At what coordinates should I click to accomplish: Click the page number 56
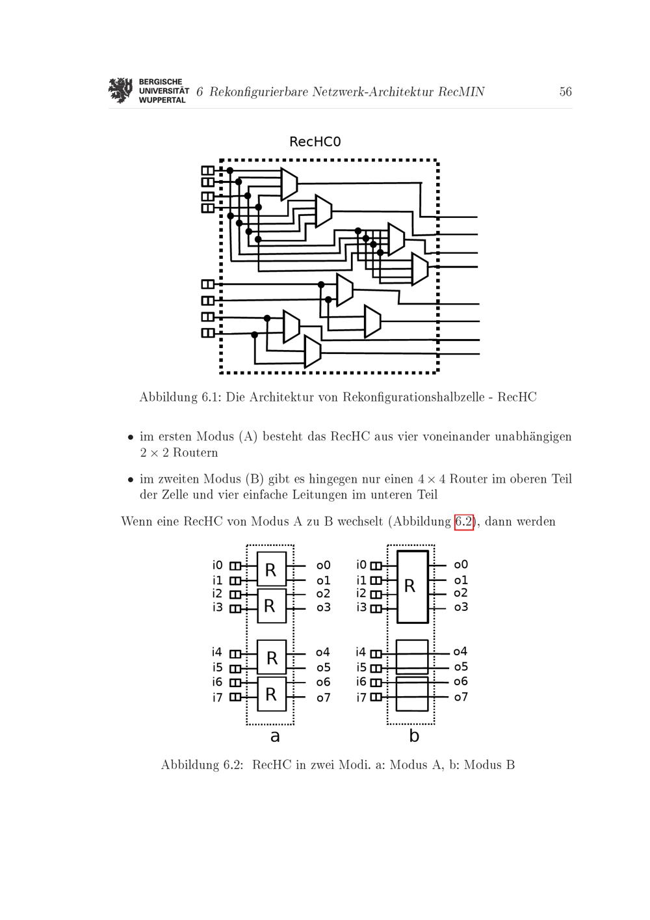[x=565, y=91]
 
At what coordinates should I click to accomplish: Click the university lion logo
[x=120, y=90]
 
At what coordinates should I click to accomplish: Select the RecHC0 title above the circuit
[x=315, y=142]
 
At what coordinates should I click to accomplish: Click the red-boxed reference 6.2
[x=463, y=522]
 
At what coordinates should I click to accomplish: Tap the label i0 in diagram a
[x=217, y=565]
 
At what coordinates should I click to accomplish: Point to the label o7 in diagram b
[x=460, y=697]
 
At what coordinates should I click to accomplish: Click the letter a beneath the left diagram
[x=274, y=736]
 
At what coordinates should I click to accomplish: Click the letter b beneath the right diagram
[x=414, y=735]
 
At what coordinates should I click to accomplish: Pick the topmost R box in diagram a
[x=271, y=569]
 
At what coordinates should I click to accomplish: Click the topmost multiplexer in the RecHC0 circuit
[x=289, y=184]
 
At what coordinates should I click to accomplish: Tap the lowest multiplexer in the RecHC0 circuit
[x=312, y=352]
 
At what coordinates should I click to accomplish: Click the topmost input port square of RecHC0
[x=207, y=170]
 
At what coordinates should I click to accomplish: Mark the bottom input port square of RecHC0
[x=207, y=332]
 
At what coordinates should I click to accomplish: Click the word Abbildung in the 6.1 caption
[x=168, y=397]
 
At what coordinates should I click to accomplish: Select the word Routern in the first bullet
[x=196, y=453]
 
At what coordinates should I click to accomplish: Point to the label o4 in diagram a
[x=322, y=652]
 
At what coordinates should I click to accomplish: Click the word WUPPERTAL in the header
[x=162, y=100]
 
